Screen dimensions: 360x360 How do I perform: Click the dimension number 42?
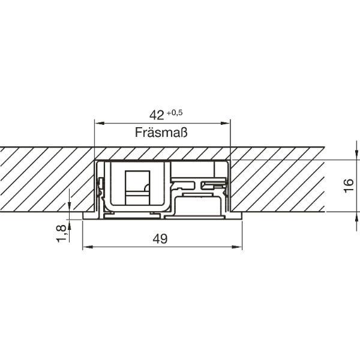(x=157, y=115)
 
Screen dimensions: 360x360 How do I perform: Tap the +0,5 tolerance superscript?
(x=175, y=113)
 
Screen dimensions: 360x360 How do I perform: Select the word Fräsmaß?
(x=161, y=132)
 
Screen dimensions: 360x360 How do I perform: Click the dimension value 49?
(x=160, y=239)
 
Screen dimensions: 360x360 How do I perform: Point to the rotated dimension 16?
(x=349, y=185)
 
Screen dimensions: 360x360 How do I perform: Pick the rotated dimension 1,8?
(x=61, y=233)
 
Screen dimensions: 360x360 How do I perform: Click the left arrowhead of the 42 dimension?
(x=100, y=123)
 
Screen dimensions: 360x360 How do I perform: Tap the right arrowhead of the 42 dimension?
(x=225, y=123)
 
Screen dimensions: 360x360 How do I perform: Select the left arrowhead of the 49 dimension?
(x=88, y=247)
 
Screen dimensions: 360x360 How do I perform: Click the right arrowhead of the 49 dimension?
(x=237, y=247)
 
